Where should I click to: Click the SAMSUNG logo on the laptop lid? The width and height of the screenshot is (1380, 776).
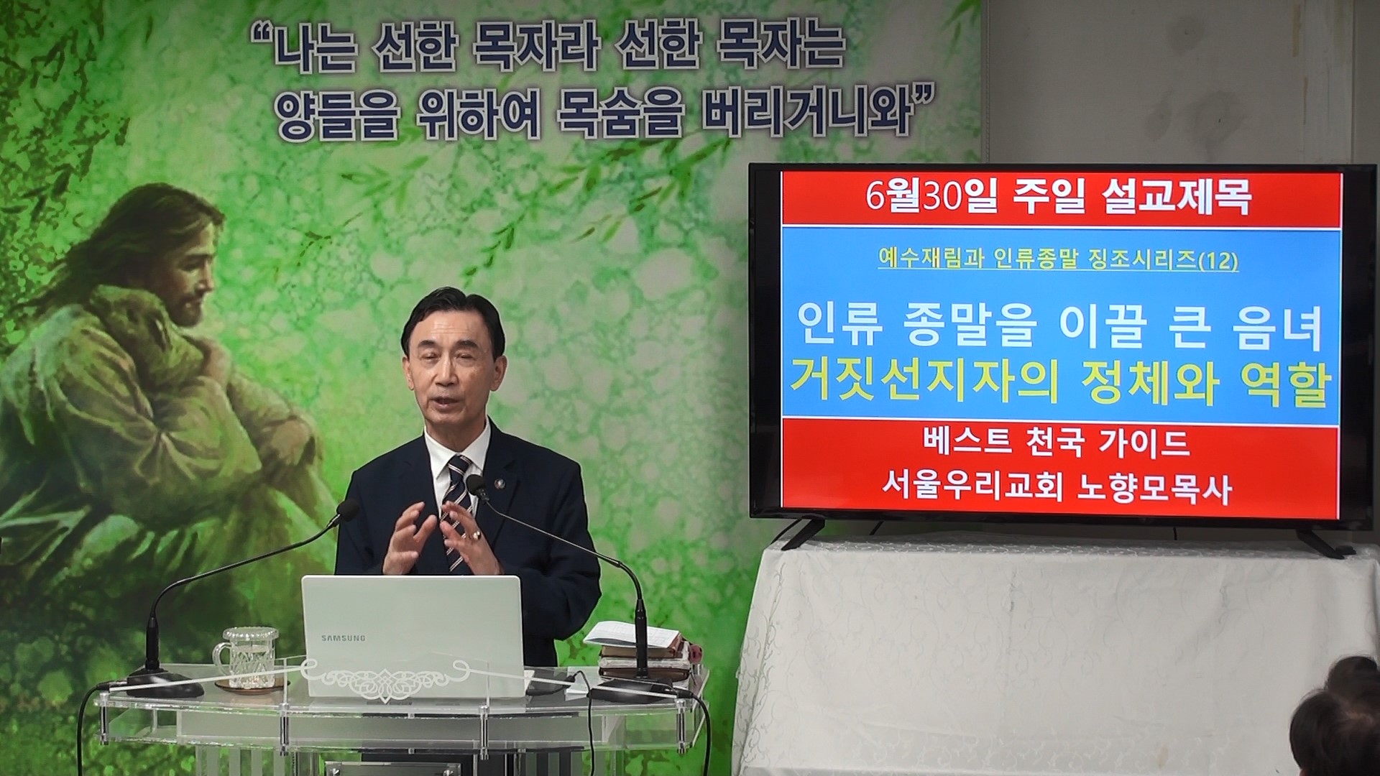343,637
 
